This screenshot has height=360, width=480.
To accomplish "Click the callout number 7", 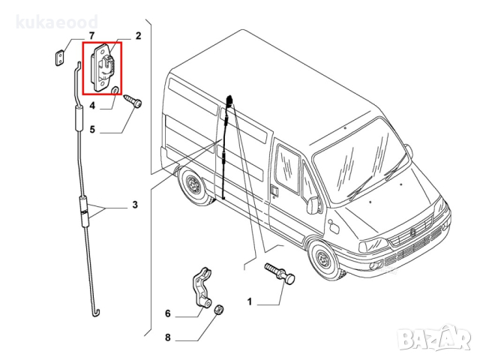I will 91,36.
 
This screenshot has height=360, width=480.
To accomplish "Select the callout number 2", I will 138,36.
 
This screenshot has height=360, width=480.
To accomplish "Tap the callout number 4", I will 92,106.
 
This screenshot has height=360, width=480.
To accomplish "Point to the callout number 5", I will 92,130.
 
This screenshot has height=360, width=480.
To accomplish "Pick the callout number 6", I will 167,314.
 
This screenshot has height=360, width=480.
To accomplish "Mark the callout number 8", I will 167,338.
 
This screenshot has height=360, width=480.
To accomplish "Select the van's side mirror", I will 311,205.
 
